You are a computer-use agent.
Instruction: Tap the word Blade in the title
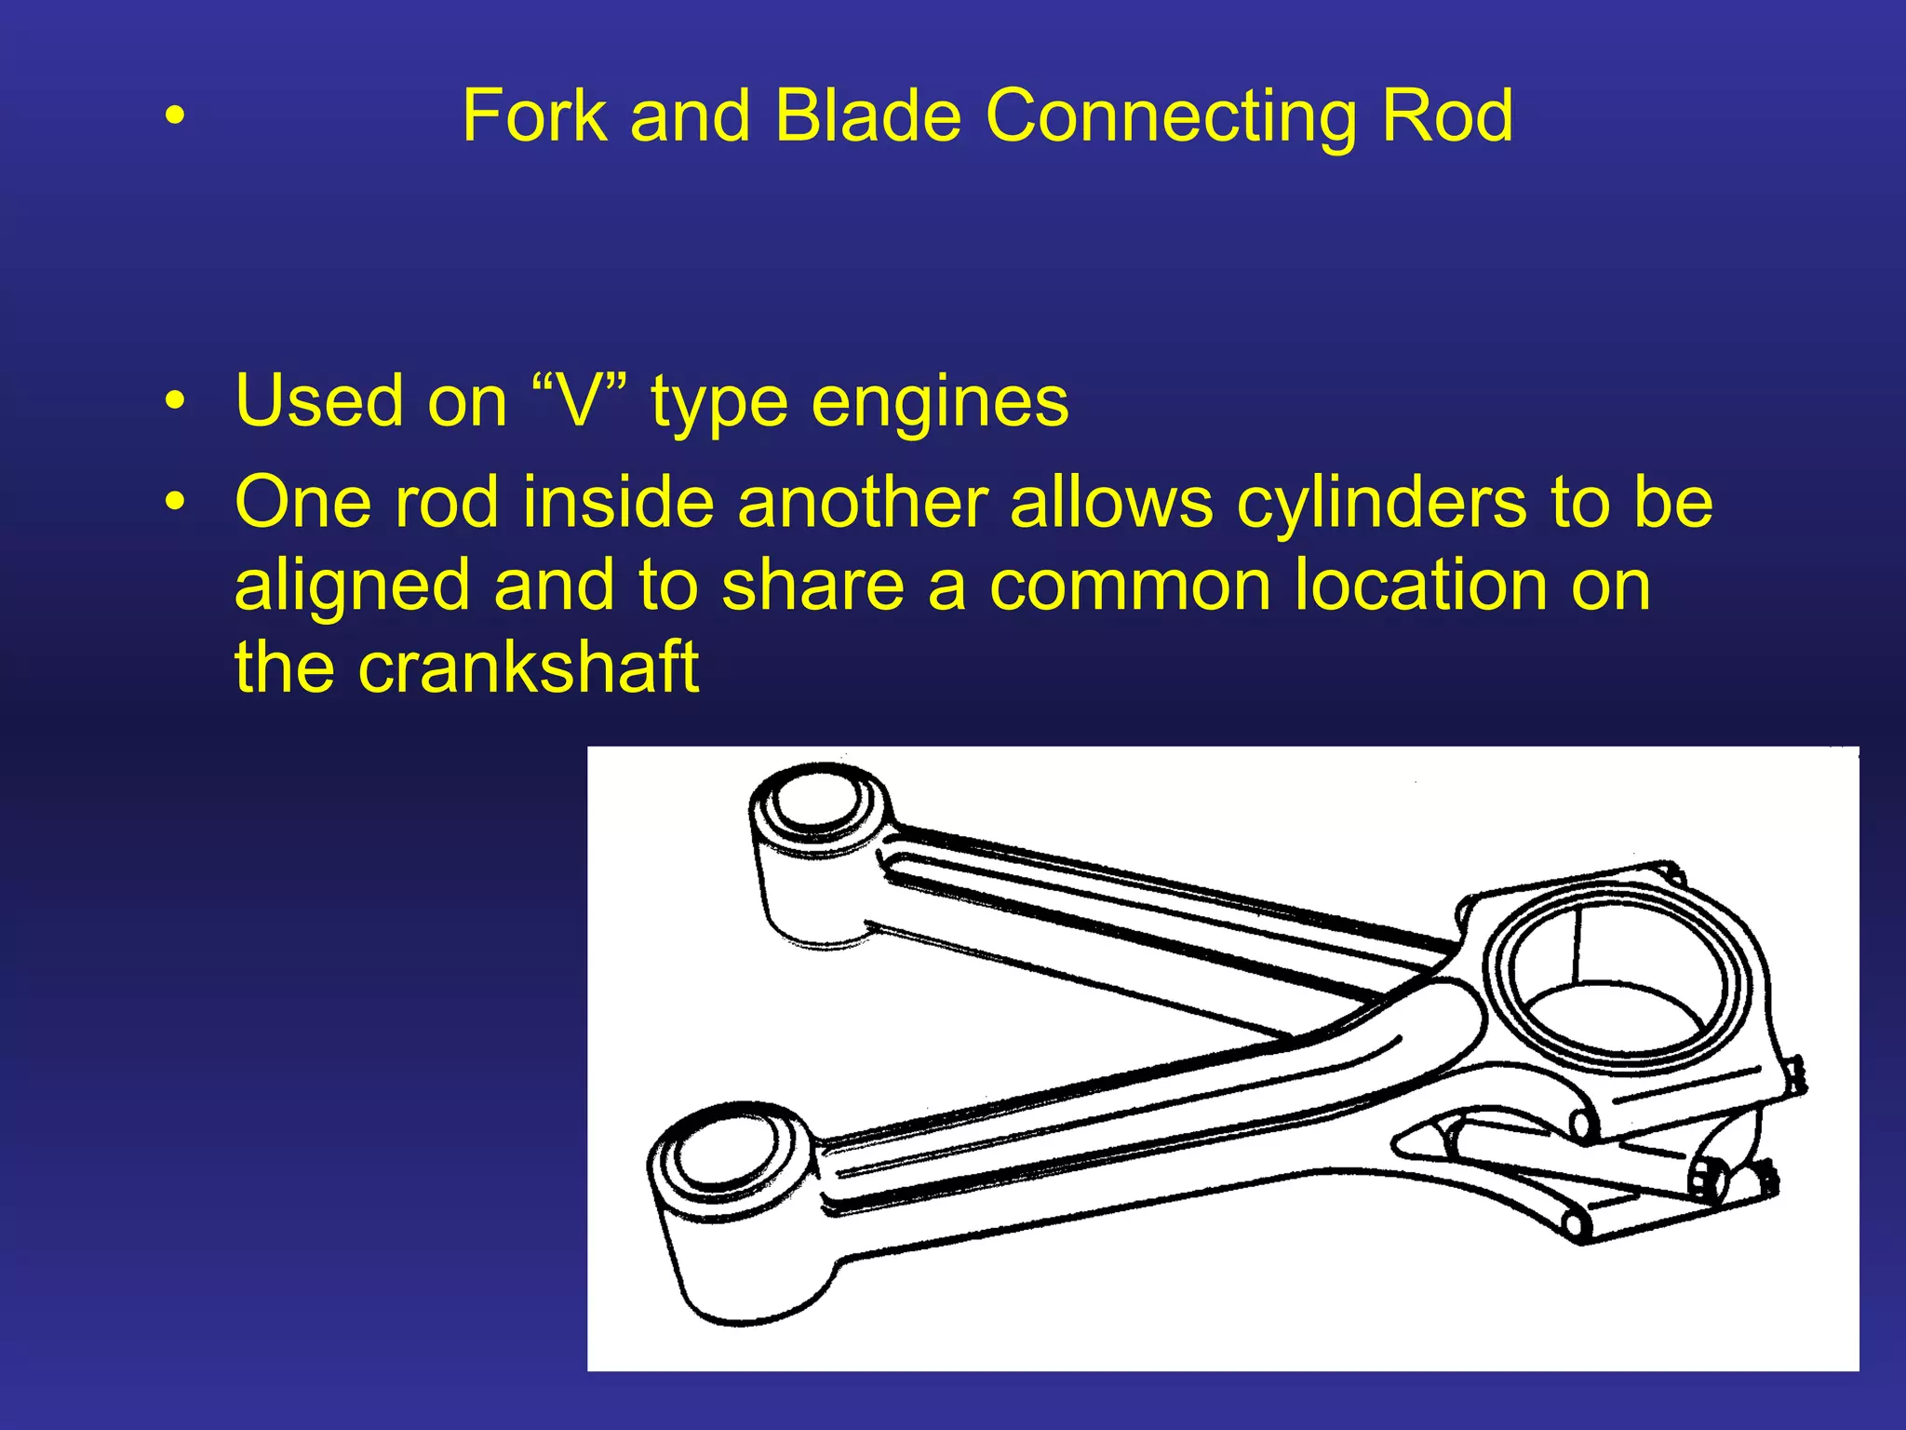(x=867, y=116)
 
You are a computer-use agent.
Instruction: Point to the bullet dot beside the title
(x=174, y=118)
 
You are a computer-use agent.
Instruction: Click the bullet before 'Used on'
(x=174, y=402)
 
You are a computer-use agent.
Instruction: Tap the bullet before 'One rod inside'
(x=174, y=503)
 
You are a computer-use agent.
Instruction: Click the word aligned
(x=352, y=587)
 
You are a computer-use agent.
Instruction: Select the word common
(x=1129, y=587)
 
